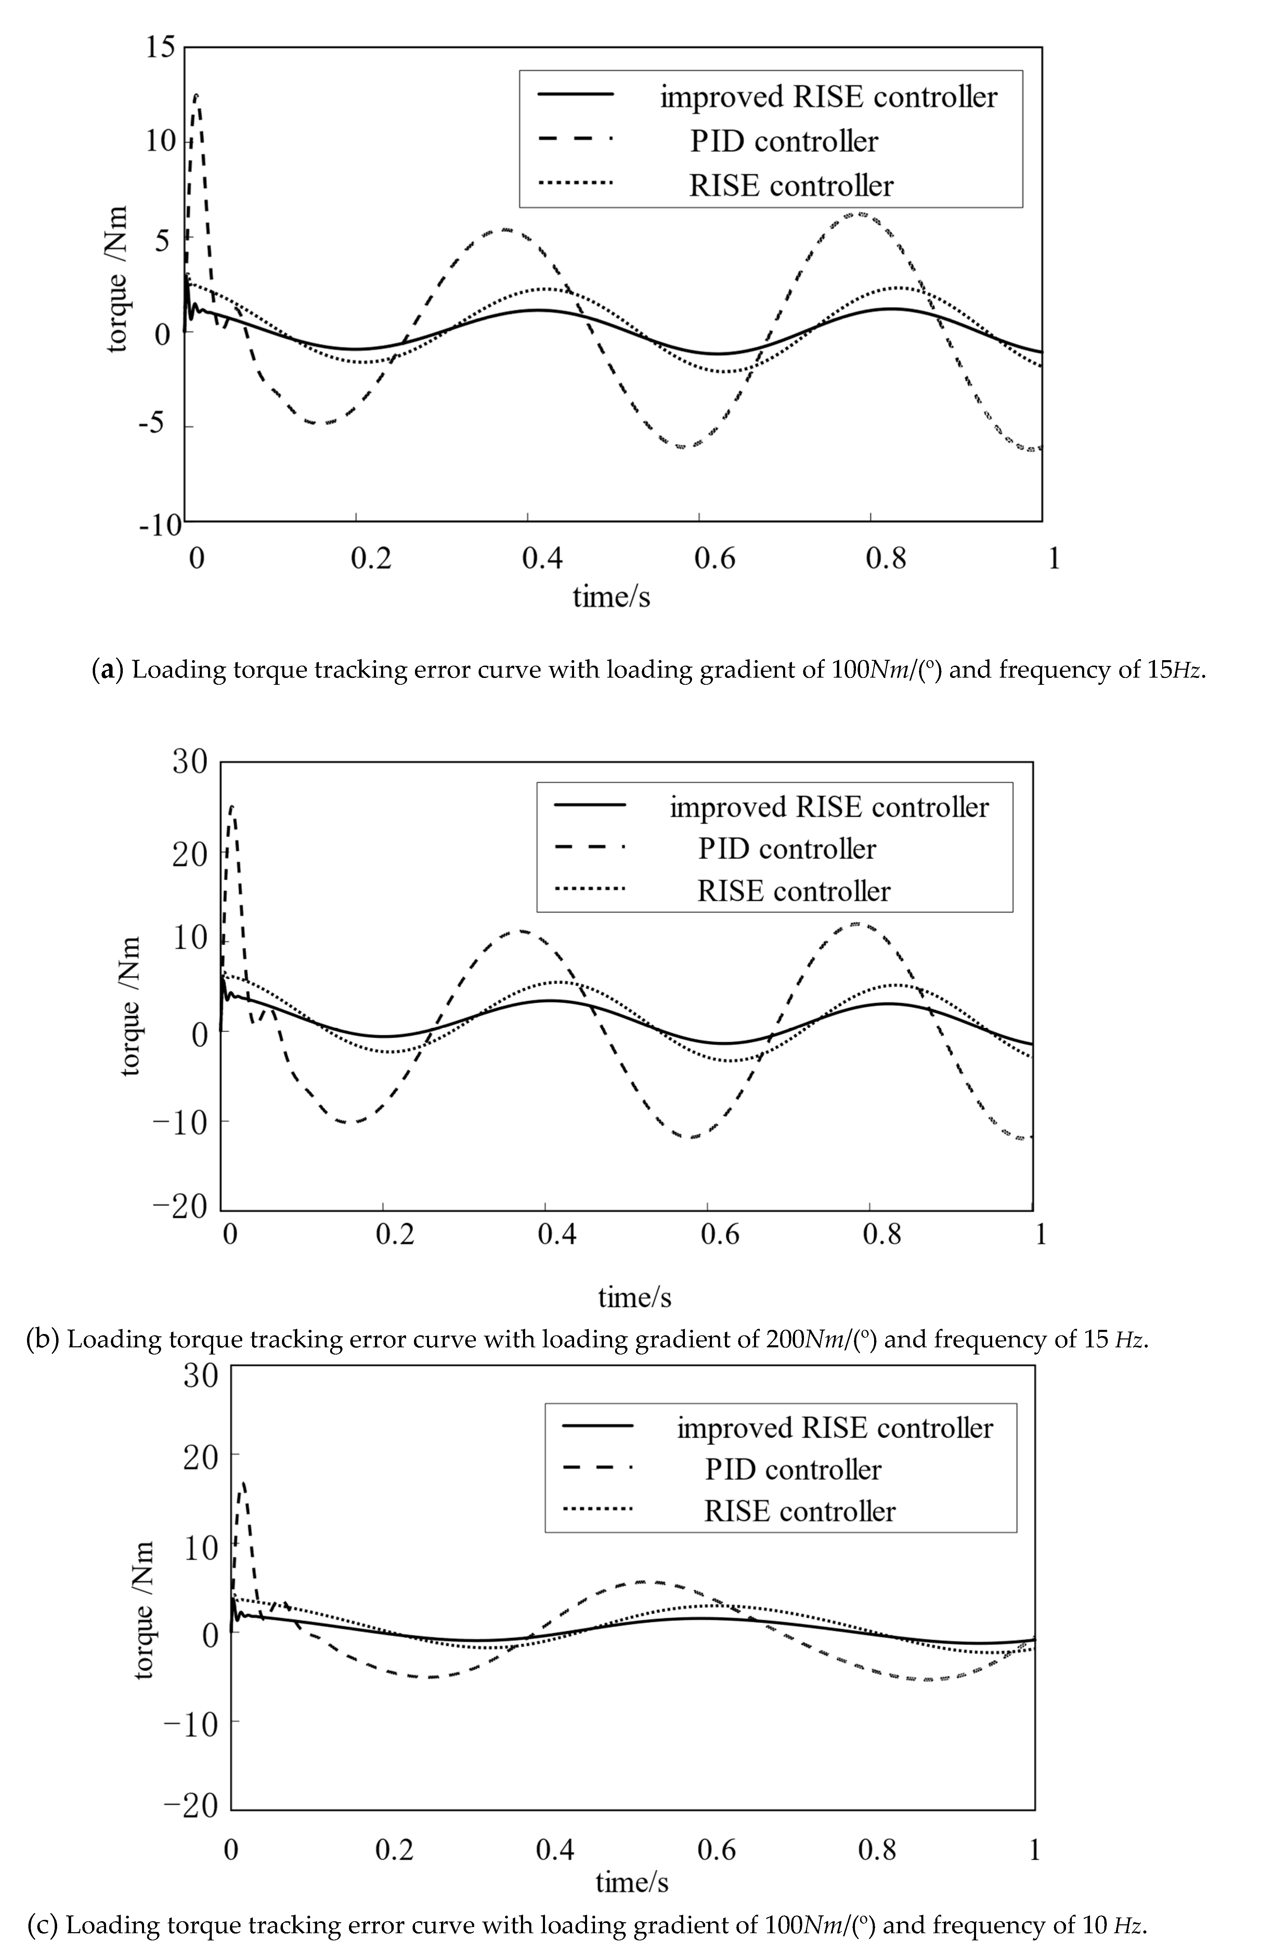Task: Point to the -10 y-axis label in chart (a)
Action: pos(160,524)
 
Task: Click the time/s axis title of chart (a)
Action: pos(611,596)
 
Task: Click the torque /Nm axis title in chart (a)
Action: pos(117,279)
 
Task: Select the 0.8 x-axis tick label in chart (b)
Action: pos(882,1235)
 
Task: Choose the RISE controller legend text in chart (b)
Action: pos(793,891)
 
